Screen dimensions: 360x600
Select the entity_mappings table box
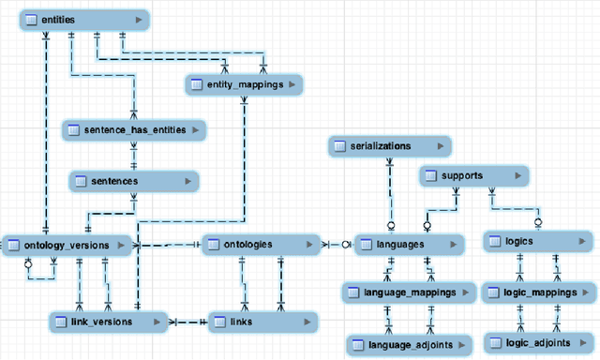tap(244, 85)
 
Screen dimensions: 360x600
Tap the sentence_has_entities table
tap(135, 129)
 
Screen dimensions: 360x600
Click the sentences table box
tap(133, 180)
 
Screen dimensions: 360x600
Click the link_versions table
tap(109, 322)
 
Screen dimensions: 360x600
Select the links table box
tap(262, 322)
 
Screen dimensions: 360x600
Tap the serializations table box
tap(389, 146)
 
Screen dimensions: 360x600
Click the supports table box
tap(473, 175)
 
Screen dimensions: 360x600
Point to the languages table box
tap(409, 244)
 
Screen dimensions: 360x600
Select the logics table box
tap(530, 242)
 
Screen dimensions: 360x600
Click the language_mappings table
tap(409, 292)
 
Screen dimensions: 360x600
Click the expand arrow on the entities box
tap(139, 19)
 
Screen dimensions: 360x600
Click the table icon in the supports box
tap(431, 175)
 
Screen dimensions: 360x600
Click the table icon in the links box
tap(220, 322)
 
